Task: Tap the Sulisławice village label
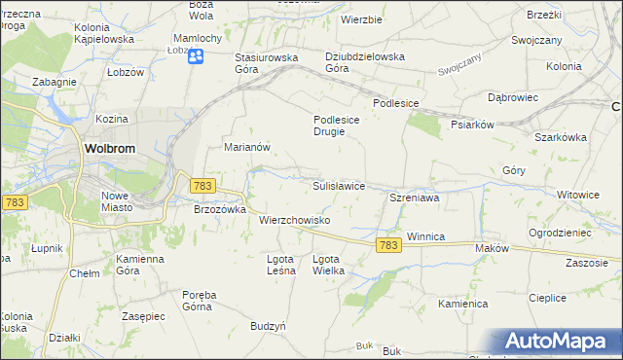[338, 185]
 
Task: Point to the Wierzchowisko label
[295, 220]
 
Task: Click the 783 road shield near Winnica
[387, 247]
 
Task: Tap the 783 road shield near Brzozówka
[202, 185]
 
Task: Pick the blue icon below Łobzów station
[196, 56]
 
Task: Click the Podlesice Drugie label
[336, 126]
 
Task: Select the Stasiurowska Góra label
[266, 63]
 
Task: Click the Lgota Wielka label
[328, 265]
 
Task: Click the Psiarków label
[474, 125]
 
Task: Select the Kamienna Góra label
[140, 266]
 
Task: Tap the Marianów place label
[246, 147]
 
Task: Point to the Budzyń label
[268, 327]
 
